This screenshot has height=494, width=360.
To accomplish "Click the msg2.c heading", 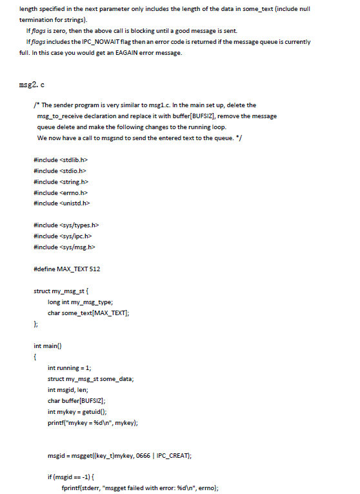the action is [x=33, y=85].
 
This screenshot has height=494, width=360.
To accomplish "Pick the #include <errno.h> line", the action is [x=59, y=192].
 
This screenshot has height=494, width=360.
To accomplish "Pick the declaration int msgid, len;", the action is [x=71, y=389].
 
